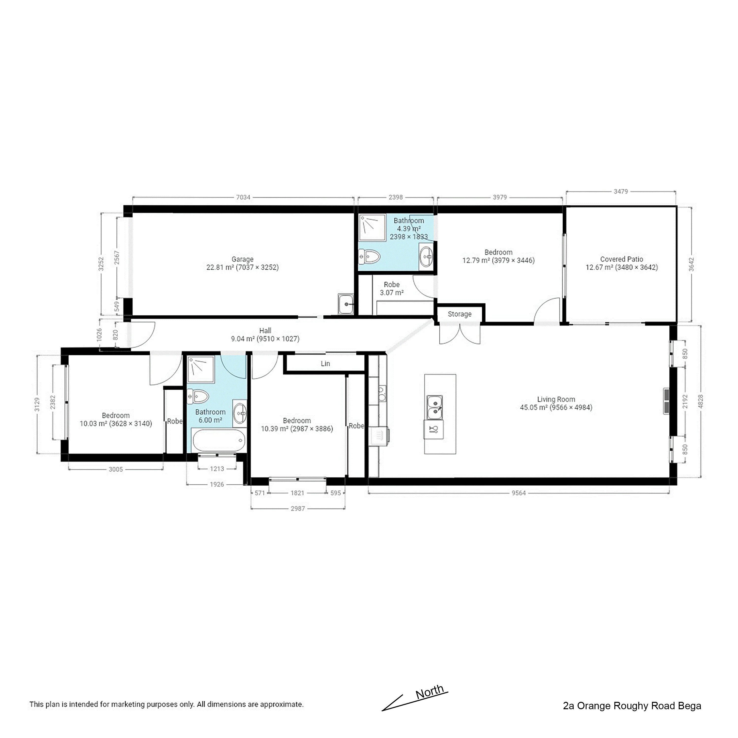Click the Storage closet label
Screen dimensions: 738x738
click(460, 314)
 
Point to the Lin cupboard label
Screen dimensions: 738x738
click(325, 363)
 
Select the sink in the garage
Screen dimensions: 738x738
click(346, 304)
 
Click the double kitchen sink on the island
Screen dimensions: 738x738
click(435, 407)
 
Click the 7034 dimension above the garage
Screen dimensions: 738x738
click(243, 198)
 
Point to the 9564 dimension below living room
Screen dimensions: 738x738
click(519, 493)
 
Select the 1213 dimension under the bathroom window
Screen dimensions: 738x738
click(217, 469)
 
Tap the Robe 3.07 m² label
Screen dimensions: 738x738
click(392, 288)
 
